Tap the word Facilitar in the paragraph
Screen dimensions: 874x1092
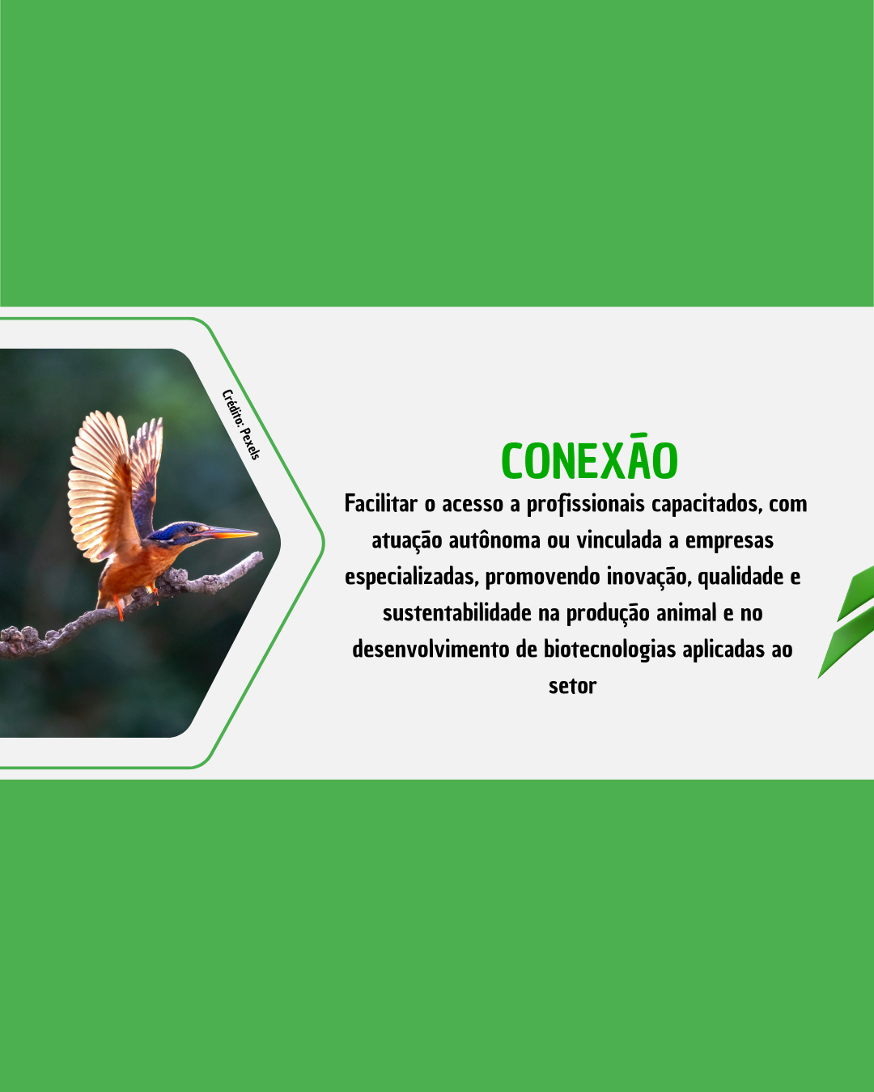tap(381, 504)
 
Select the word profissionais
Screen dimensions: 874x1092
tap(586, 505)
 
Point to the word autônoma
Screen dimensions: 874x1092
tap(494, 540)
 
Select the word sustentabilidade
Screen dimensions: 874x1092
tap(457, 613)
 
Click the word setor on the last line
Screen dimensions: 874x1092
tap(572, 687)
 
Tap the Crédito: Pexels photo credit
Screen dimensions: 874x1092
tap(241, 424)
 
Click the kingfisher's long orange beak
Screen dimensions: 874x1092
tap(231, 533)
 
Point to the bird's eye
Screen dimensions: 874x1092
tap(190, 529)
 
